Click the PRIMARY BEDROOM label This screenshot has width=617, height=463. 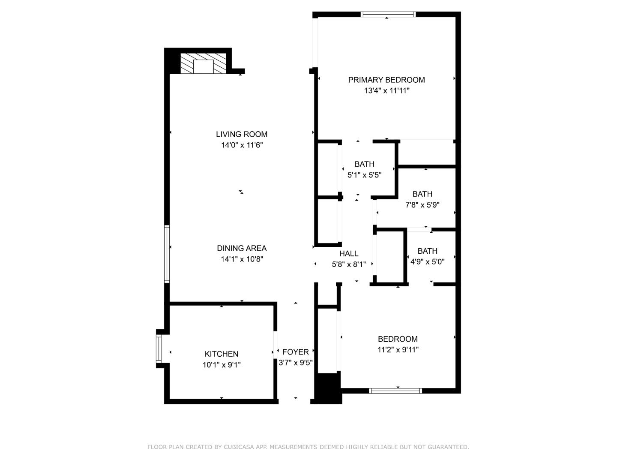click(386, 80)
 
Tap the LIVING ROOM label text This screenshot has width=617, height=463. click(242, 134)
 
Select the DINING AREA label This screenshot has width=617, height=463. click(242, 248)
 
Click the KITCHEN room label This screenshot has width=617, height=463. click(222, 354)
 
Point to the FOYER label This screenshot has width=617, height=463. click(296, 352)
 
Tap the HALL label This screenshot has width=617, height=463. click(349, 254)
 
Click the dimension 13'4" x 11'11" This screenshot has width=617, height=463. click(387, 91)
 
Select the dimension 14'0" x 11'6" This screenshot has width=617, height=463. click(242, 145)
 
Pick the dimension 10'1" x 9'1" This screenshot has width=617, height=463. click(222, 365)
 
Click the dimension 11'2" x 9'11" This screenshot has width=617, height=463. click(398, 350)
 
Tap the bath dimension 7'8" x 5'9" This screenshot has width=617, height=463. click(422, 205)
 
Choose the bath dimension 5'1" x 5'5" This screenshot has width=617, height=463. click(364, 175)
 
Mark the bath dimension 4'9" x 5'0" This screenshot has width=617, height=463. click(427, 262)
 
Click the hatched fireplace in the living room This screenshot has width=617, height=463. click(203, 63)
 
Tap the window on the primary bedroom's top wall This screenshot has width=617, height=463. click(388, 14)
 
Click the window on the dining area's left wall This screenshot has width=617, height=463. click(167, 254)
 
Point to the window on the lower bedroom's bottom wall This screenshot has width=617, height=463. click(395, 391)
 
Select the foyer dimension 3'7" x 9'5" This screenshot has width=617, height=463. click(296, 363)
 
